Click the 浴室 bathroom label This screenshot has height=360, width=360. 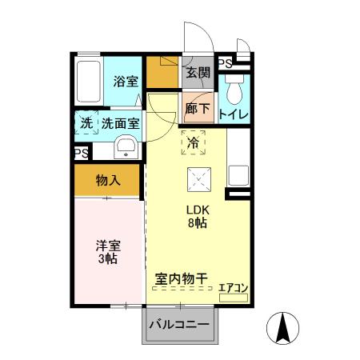pos(126,81)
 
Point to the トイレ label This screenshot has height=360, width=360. pos(233,114)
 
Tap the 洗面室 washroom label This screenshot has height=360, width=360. pos(121,123)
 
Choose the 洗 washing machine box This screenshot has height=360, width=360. pos(86,123)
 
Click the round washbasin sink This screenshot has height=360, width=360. pos(126,147)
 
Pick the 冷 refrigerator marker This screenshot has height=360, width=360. pos(194,143)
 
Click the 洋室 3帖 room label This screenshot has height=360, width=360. pos(108,253)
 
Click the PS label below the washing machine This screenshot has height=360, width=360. pos(81,152)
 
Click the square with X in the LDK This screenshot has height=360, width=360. pos(198,181)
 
